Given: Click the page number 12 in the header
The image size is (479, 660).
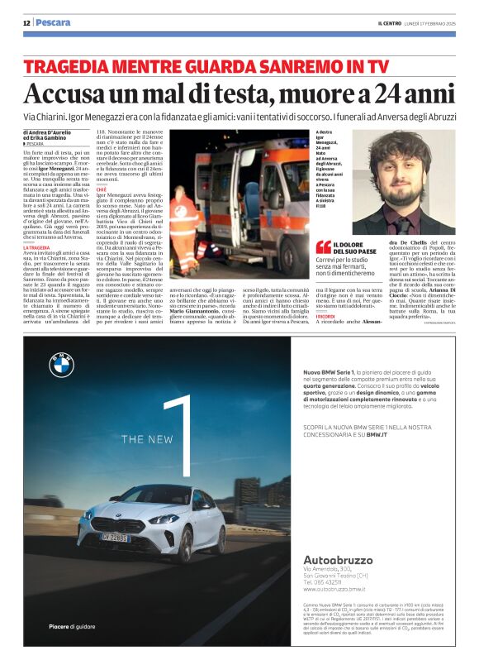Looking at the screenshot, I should point(26,22).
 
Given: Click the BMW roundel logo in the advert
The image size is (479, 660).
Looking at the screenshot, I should point(62,365).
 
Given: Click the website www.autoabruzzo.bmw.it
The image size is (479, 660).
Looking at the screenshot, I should point(334,589).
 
